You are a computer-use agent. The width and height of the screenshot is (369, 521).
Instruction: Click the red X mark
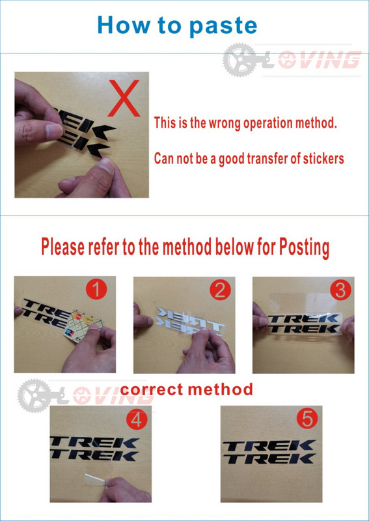click(124, 98)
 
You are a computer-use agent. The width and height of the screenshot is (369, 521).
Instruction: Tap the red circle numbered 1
click(96, 290)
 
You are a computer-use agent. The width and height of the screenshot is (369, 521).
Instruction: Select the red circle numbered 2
click(220, 290)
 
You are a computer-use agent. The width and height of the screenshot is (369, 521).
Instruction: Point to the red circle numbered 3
click(340, 290)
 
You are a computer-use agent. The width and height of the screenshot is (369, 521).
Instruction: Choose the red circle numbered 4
click(137, 420)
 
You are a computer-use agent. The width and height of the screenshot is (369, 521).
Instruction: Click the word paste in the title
click(223, 26)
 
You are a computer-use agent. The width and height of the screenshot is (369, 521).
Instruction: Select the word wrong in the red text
click(225, 123)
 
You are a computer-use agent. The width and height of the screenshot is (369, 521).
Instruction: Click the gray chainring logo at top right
click(239, 60)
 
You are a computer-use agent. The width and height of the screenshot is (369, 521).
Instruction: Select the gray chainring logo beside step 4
click(34, 396)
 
